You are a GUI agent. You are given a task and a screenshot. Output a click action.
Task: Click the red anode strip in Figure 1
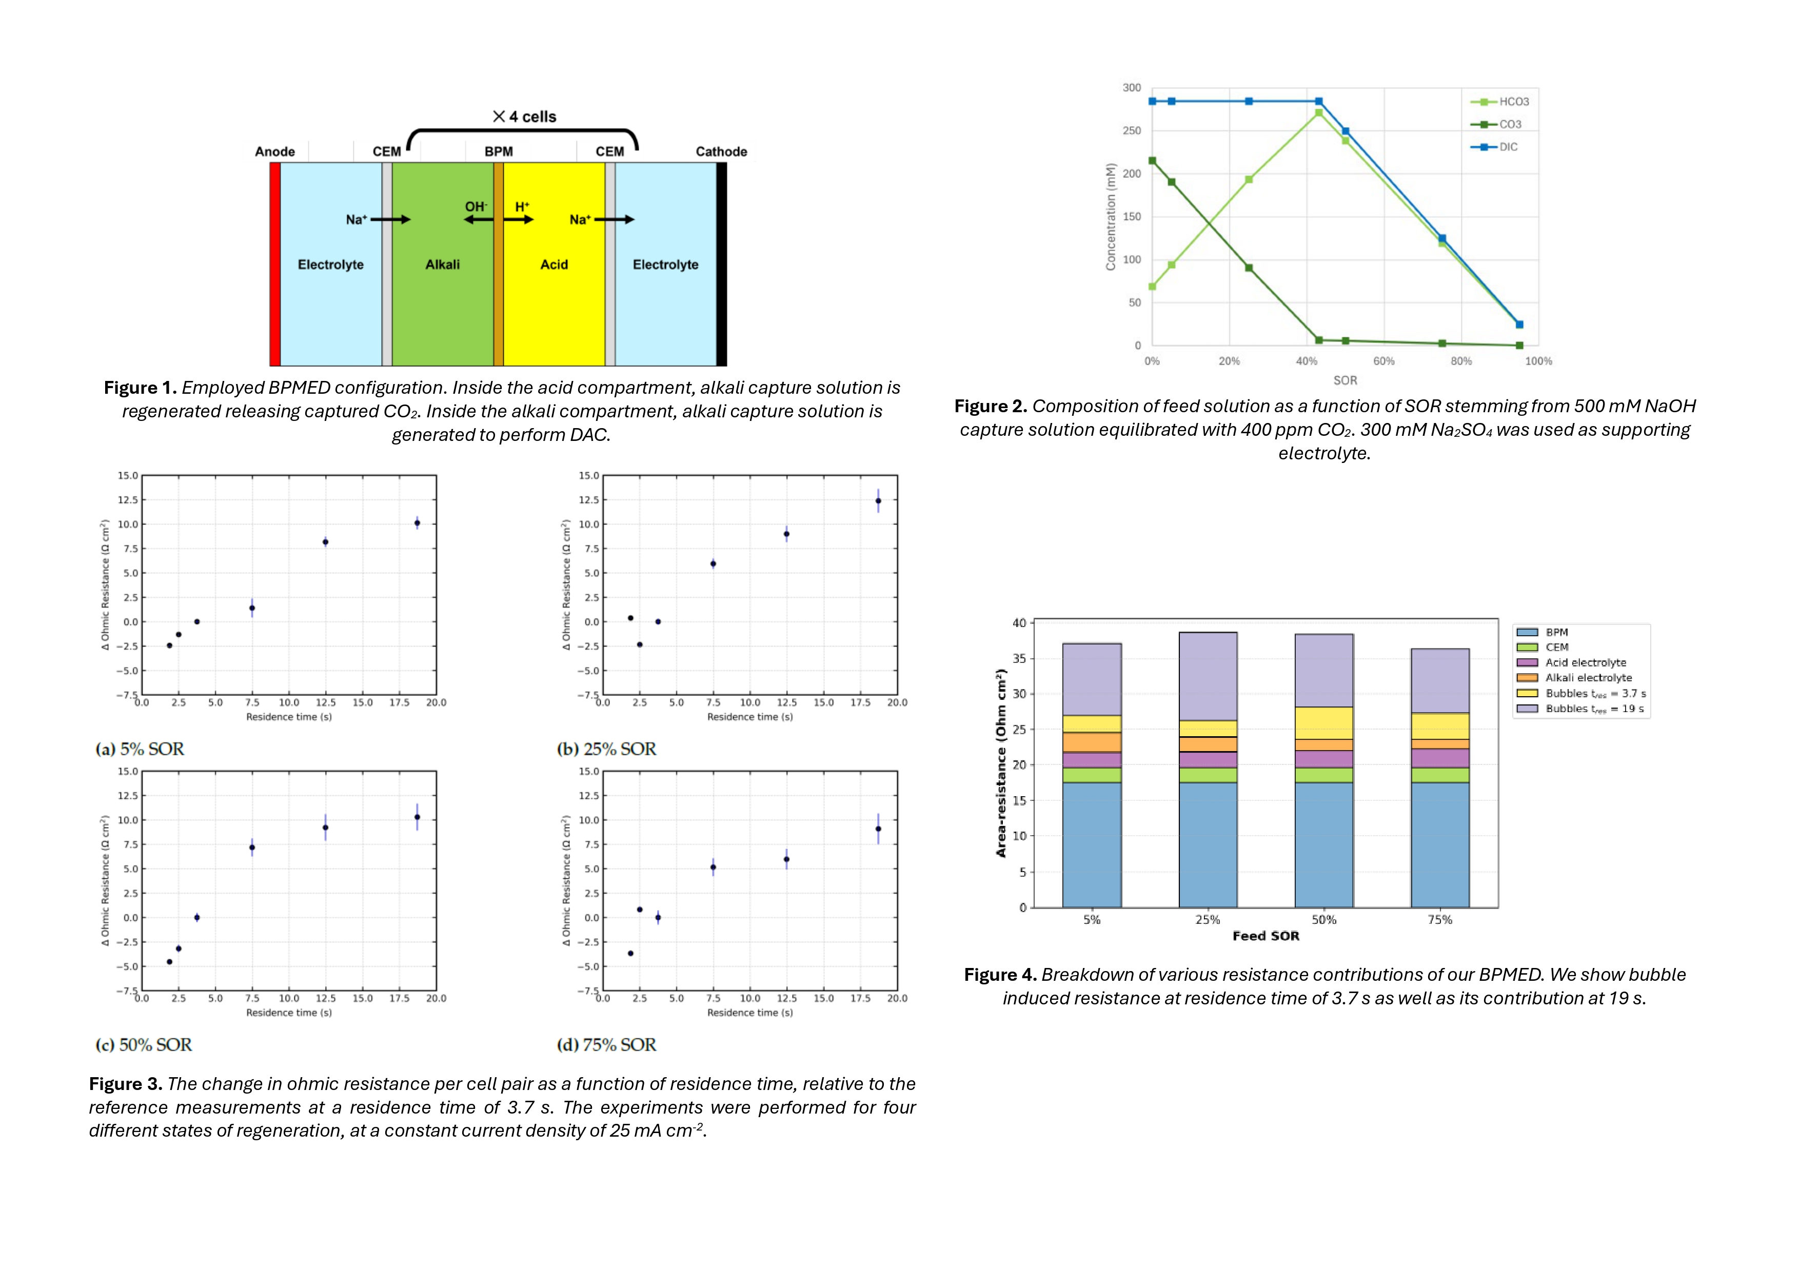pos(275,264)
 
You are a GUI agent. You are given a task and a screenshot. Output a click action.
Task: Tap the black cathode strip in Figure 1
pos(721,264)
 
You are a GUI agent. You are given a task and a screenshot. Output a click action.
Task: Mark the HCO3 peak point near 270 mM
pos(1319,113)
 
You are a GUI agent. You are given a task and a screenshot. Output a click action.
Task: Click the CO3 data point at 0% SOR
pos(1152,160)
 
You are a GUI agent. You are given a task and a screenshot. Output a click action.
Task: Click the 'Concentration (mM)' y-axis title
pos(1110,217)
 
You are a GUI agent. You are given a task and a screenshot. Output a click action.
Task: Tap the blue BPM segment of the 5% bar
pos(1091,845)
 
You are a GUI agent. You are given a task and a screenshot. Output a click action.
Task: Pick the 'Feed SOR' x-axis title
pos(1265,936)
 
